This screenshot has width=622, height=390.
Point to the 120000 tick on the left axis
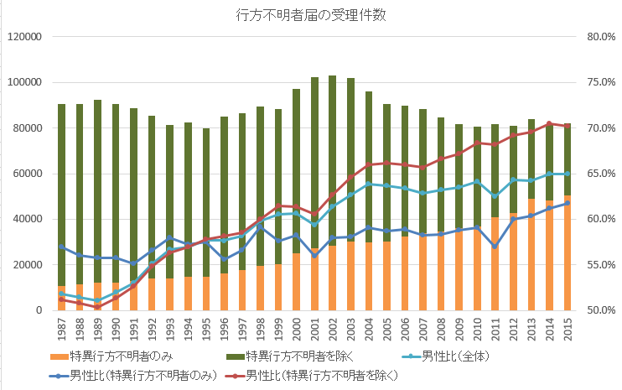click(23, 37)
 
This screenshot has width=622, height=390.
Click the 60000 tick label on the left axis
click(27, 174)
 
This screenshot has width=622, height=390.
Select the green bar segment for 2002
click(332, 159)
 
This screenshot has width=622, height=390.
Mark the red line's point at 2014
click(549, 123)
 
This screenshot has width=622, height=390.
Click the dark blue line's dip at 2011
click(495, 247)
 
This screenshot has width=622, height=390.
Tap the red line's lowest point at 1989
click(97, 307)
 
